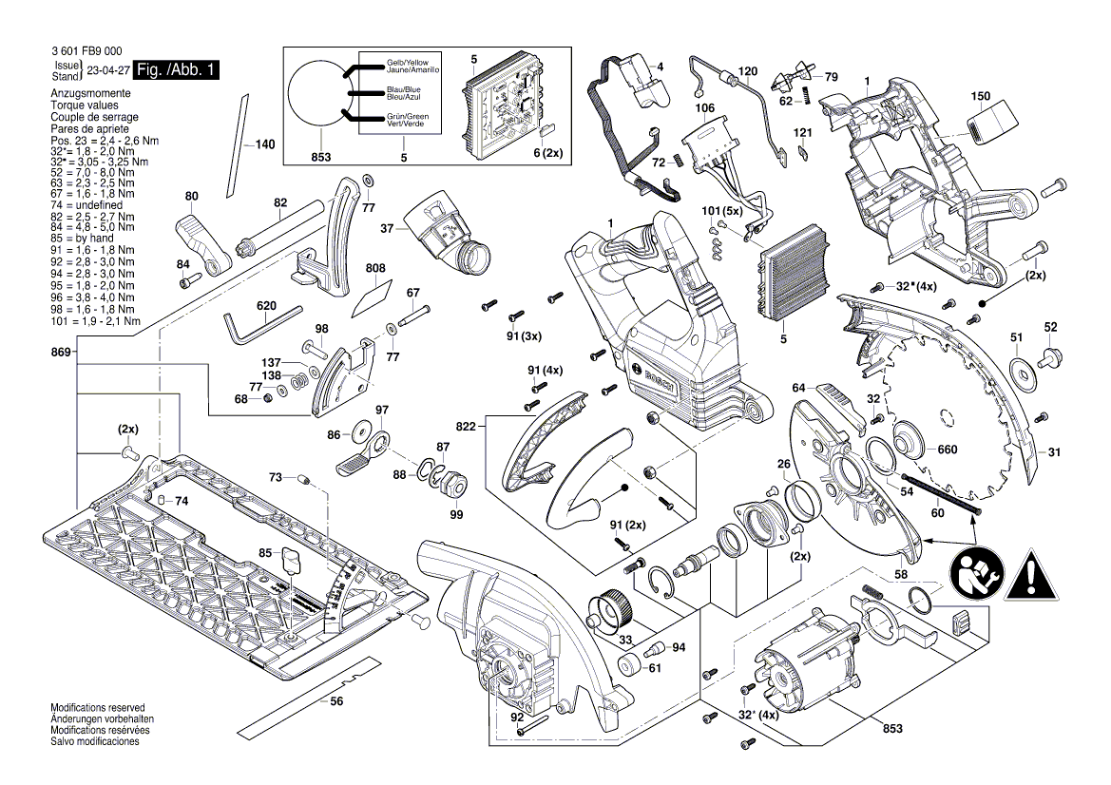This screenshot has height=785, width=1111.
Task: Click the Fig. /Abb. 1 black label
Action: [x=178, y=70]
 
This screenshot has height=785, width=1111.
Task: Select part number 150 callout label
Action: [x=981, y=96]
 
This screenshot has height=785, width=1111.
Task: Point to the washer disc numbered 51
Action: [x=1024, y=372]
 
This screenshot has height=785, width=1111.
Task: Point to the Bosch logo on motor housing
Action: [x=657, y=378]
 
